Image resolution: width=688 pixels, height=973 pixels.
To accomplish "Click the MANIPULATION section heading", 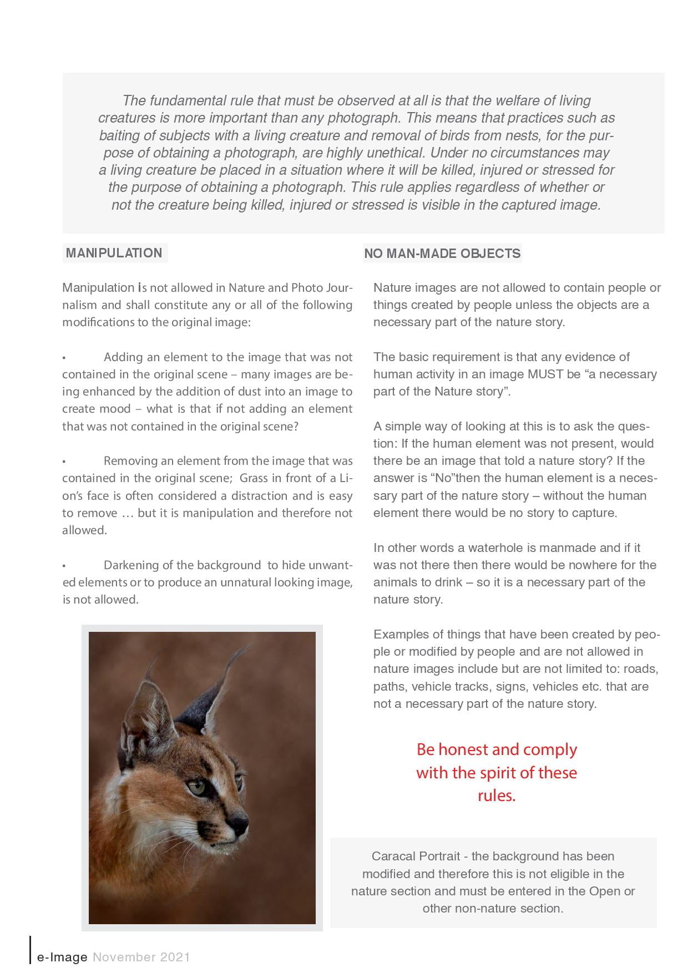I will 114,253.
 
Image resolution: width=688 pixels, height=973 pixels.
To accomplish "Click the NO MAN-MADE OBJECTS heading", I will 442,254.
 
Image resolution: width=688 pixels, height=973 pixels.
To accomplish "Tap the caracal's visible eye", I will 198,786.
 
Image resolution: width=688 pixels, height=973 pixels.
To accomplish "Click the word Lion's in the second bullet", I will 340,478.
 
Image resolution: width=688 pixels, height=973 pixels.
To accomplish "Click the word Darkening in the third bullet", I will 131,565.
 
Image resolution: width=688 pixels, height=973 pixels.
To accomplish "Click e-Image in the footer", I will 62,957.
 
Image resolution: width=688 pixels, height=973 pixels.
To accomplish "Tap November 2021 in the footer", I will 141,957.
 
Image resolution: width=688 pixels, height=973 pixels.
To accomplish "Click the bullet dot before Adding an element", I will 64,358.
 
